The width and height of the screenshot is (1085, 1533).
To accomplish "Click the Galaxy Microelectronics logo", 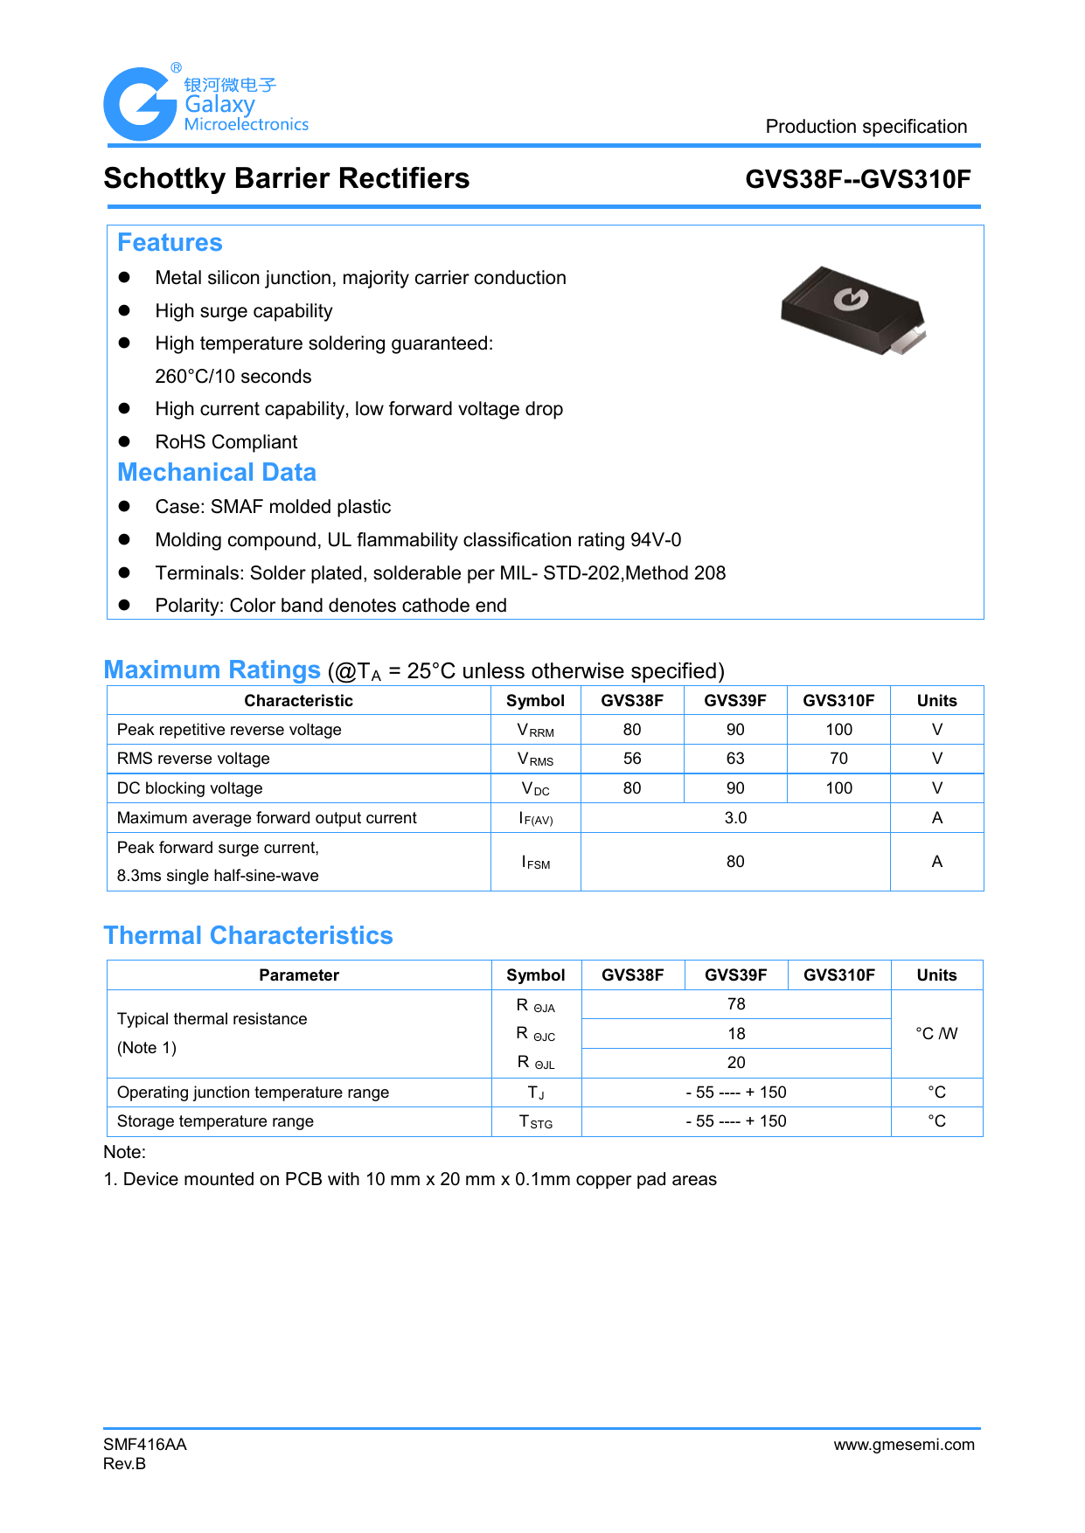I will [206, 104].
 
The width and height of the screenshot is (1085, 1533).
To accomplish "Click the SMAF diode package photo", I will [852, 311].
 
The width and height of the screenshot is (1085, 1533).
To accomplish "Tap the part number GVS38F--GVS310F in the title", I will [857, 179].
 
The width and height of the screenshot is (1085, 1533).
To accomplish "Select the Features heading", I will [170, 243].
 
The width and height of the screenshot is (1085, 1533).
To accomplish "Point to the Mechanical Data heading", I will [217, 473].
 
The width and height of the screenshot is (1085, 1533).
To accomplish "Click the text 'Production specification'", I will [866, 127].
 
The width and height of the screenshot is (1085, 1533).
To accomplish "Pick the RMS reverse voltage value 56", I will [632, 759].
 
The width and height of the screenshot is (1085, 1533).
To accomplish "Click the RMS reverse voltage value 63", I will [735, 759].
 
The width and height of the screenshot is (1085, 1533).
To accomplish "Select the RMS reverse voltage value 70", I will [838, 759].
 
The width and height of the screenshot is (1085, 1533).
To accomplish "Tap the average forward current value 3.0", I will [735, 818].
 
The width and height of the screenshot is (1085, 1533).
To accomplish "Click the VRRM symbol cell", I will [535, 731].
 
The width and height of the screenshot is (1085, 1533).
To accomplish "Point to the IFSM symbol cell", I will [535, 863].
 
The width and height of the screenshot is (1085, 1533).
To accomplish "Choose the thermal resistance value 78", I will [736, 1004].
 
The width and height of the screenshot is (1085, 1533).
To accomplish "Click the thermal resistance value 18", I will [736, 1034].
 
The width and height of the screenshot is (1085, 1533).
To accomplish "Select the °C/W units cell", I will [936, 1034].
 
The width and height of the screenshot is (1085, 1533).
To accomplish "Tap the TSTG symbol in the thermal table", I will [535, 1122].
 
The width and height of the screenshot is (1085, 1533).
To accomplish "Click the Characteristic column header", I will [298, 701].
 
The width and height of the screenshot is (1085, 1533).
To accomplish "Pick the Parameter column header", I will [298, 975].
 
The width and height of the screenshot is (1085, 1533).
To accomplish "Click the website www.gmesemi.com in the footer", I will [903, 1445].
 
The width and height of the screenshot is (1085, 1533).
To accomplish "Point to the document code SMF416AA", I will [145, 1445].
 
